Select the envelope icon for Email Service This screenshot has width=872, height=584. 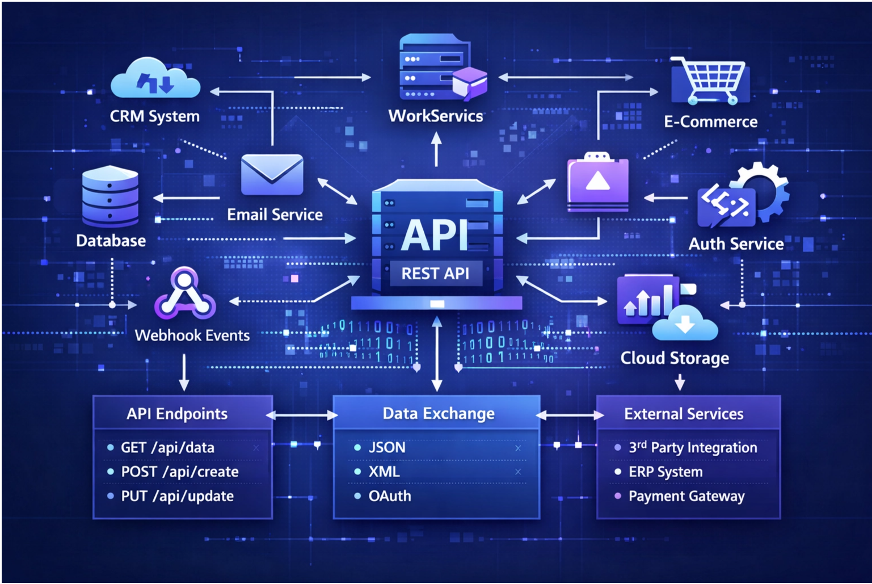tap(272, 175)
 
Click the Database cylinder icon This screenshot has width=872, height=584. tap(110, 196)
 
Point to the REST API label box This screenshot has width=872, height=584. tap(436, 274)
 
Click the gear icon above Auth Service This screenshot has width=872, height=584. tap(760, 190)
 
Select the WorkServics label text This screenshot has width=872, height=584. tap(436, 116)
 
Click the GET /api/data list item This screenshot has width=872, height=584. tap(167, 448)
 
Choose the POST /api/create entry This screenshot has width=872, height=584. tap(179, 472)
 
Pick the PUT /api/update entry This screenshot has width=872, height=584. tap(177, 496)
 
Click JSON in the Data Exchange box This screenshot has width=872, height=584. tap(387, 448)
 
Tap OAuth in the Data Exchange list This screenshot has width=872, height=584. tap(390, 496)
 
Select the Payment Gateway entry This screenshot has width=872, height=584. tap(686, 496)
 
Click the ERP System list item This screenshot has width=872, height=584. tap(665, 472)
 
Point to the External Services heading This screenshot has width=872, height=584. tap(684, 414)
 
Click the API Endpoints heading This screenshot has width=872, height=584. tap(177, 414)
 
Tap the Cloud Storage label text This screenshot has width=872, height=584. tap(675, 358)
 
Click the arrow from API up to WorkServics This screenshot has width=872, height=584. tap(436, 149)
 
